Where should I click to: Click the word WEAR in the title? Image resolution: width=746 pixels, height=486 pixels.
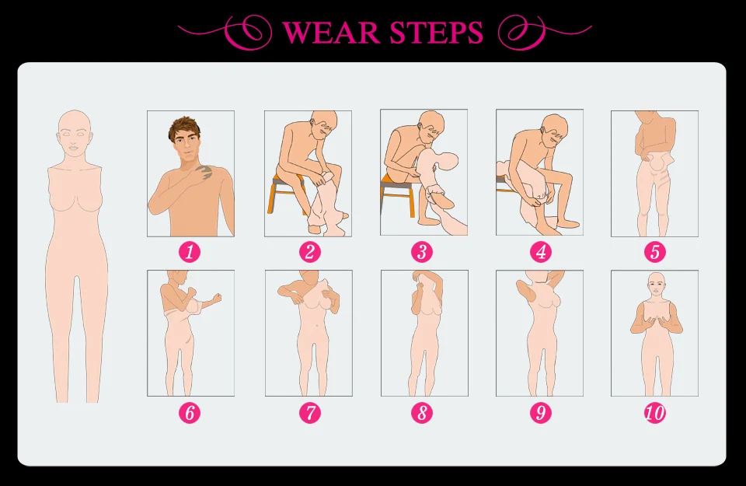[331, 33]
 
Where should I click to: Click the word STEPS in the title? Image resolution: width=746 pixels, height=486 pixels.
[436, 33]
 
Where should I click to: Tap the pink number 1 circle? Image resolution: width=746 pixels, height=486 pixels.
[190, 251]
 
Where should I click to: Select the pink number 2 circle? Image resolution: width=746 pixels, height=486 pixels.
[310, 251]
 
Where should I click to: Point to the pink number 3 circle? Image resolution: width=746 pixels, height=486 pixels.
[422, 251]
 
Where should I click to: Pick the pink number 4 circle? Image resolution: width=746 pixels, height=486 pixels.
[541, 251]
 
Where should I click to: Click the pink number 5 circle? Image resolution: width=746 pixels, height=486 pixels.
[655, 251]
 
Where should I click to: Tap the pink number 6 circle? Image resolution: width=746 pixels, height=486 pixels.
[190, 412]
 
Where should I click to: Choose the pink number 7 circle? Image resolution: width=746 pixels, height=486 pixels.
[310, 412]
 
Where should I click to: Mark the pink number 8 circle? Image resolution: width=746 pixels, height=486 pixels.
[422, 412]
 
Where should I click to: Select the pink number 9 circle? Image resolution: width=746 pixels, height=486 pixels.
[541, 412]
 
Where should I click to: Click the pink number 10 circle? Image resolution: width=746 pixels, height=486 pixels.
[655, 412]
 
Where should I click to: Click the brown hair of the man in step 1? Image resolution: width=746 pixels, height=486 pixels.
[183, 126]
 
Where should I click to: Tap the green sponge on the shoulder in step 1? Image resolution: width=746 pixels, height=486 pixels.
[205, 171]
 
